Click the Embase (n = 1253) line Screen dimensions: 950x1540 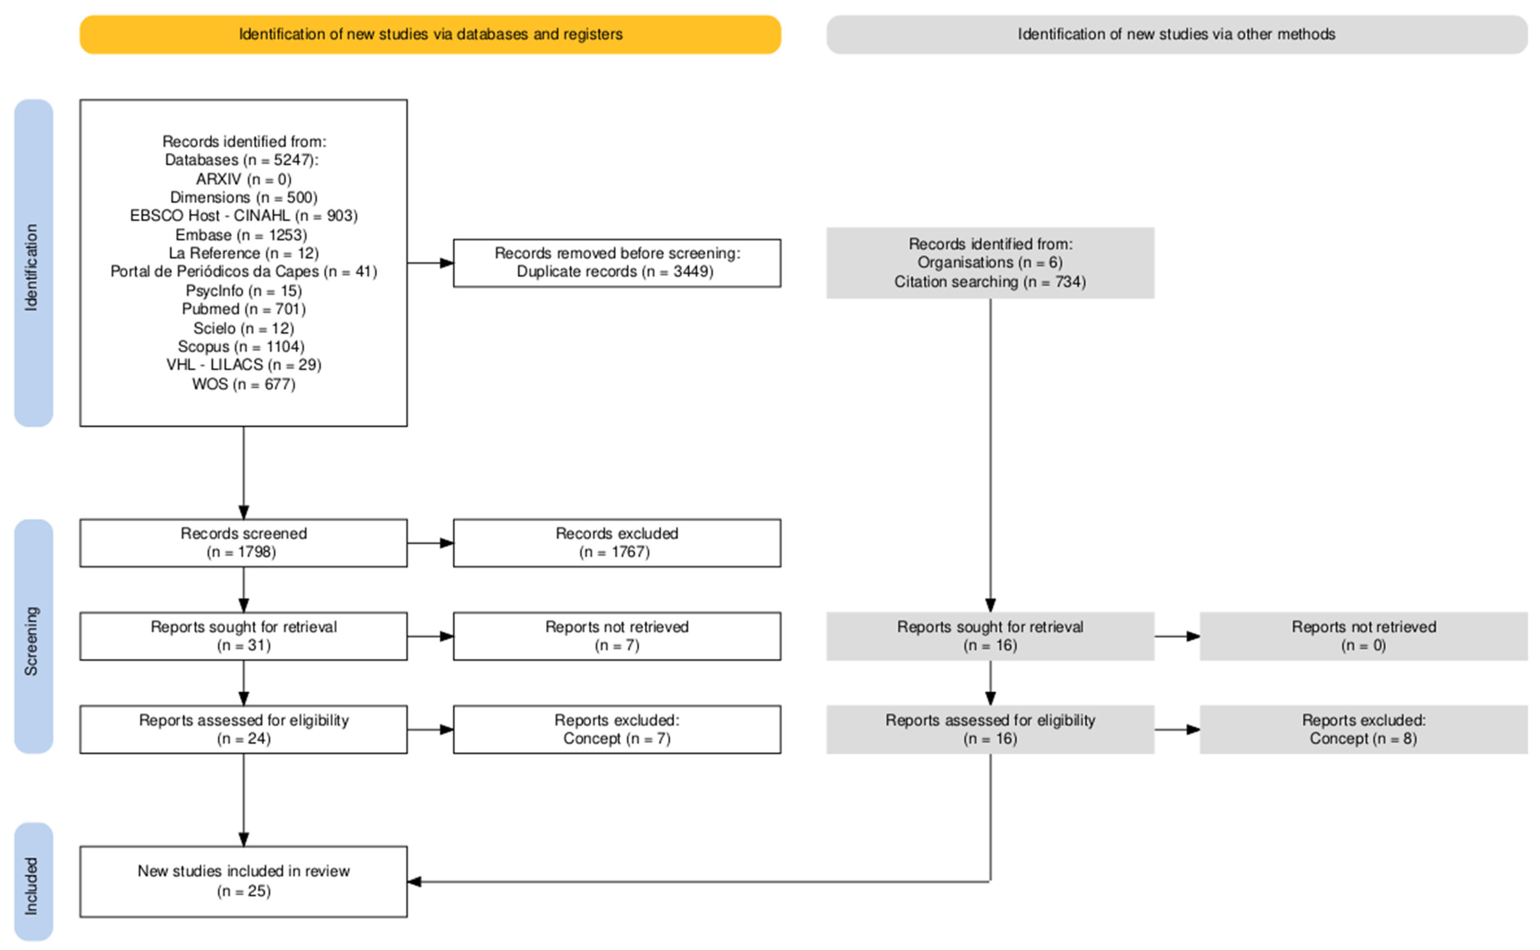pos(241,235)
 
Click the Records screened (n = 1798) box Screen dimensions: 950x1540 pos(243,543)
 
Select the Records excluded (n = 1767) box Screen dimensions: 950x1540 pos(617,543)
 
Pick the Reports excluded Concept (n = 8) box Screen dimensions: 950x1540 pos(1363,729)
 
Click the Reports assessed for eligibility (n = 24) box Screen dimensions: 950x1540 pos(243,729)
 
